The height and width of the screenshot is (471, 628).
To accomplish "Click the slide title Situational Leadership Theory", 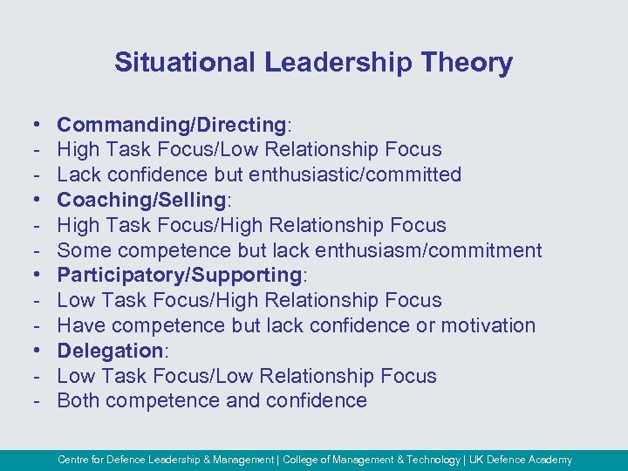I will point(313,63).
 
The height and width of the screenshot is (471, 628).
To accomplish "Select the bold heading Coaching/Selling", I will point(141,200).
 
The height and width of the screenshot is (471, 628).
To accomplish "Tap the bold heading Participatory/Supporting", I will point(179,275).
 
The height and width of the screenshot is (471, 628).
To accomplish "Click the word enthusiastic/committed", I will point(355,174).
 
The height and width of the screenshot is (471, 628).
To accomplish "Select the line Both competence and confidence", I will point(212,400).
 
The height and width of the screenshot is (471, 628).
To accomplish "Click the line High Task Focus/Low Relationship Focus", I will point(249,149).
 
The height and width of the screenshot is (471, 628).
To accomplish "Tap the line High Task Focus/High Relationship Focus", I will point(251,225).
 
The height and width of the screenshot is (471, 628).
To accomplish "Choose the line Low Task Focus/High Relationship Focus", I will point(249,300).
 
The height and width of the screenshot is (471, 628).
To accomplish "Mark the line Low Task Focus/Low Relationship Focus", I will point(247,376).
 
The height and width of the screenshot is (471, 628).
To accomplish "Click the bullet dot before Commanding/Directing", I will point(31,126).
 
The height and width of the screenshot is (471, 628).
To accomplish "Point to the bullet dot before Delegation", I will point(31,352).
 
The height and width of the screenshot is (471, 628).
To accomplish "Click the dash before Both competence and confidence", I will point(31,401).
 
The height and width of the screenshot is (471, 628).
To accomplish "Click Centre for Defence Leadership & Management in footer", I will point(165,460).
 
